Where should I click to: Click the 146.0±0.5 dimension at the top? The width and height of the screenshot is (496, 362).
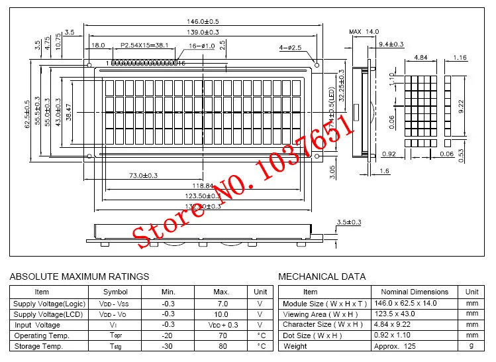[x=203, y=22]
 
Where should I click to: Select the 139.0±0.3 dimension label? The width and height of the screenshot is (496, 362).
[x=203, y=32]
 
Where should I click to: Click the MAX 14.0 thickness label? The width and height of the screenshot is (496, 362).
[x=364, y=32]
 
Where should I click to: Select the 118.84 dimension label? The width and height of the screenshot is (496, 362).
[x=202, y=186]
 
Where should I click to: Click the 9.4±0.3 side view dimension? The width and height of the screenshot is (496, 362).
[x=391, y=44]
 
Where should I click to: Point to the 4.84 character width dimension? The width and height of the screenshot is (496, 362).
[x=420, y=58]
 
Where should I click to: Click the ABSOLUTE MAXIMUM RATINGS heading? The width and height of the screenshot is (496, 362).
[x=80, y=276]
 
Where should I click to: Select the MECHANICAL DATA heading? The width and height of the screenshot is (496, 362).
[x=322, y=276]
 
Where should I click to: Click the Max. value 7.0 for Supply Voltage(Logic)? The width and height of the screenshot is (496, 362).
[x=221, y=303]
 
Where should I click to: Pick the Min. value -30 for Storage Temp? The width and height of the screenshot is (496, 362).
[x=167, y=345]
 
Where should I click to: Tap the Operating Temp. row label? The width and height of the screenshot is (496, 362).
[x=41, y=335]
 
